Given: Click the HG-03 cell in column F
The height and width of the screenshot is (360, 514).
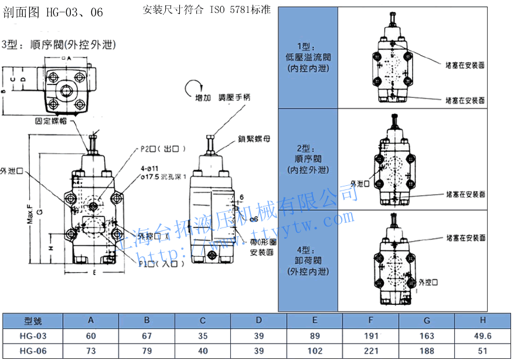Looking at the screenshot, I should point(370,336).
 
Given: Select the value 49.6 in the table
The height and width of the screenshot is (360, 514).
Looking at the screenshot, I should point(482,336).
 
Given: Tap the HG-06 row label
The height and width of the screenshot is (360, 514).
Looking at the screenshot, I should point(32,350).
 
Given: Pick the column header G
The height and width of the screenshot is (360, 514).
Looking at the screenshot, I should point(427,320).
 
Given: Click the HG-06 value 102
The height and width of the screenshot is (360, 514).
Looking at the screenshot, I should point(315,350).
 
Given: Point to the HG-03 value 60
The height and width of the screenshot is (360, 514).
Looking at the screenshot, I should point(91,336).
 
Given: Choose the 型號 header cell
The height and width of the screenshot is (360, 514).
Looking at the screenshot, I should point(32,321).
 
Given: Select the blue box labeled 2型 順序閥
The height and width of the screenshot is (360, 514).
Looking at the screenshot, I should point(309,159).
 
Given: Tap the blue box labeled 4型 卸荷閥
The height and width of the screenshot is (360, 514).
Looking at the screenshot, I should point(309,261).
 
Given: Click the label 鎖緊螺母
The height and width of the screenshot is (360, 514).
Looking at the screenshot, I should point(253,140).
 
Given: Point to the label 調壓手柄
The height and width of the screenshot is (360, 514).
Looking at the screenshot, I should point(234,98).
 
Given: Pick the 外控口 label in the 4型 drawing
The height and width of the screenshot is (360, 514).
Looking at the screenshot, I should point(428,282).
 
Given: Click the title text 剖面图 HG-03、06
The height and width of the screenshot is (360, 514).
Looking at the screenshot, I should point(53,12).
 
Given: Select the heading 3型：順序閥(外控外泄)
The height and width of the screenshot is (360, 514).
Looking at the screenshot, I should point(59,45).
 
